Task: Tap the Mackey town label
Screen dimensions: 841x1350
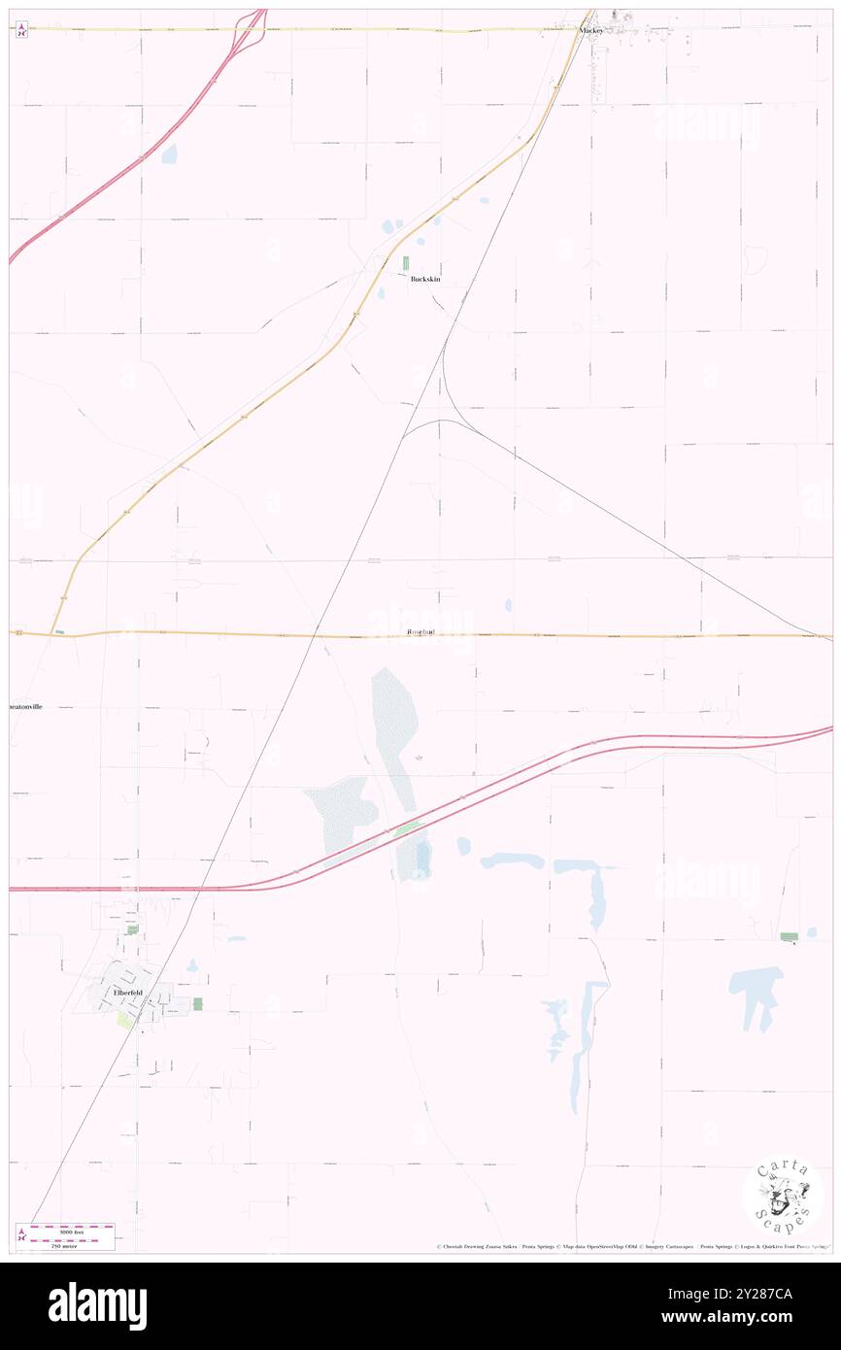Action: point(591,30)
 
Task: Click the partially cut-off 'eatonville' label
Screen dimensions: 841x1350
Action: point(26,706)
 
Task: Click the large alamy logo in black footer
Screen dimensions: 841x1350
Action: point(97,1305)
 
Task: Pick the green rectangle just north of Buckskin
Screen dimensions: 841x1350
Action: point(406,263)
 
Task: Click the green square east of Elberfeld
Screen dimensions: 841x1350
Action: point(198,1003)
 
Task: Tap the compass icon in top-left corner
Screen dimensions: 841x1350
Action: point(21,31)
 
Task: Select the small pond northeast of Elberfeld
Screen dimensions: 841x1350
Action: point(192,965)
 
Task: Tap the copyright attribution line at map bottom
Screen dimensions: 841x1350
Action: point(631,1247)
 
